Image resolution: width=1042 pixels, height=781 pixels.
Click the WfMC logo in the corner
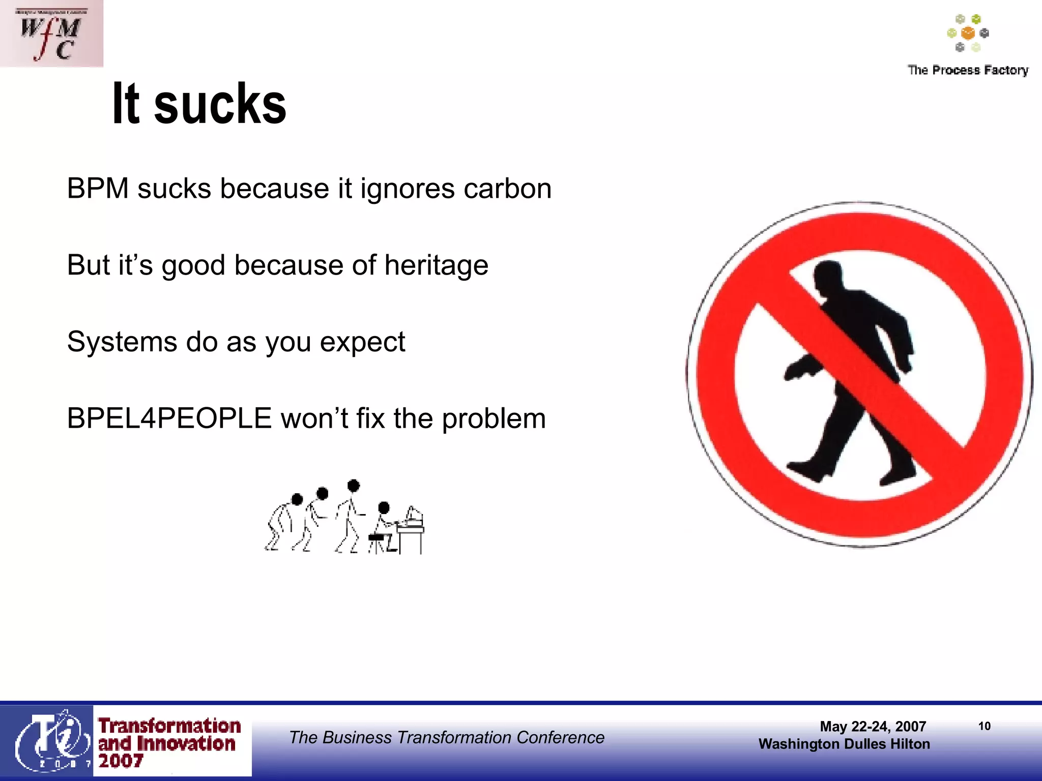(x=51, y=34)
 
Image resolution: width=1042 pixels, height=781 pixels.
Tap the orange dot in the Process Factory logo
(x=968, y=34)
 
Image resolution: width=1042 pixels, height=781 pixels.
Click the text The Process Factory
(x=968, y=70)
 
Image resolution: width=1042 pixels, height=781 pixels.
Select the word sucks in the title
(x=220, y=104)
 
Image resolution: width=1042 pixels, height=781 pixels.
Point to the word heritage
(x=436, y=265)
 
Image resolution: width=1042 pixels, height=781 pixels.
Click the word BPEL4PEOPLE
(x=169, y=418)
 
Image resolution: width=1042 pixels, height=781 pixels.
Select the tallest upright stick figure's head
(x=353, y=486)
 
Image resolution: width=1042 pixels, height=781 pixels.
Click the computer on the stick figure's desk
(x=414, y=516)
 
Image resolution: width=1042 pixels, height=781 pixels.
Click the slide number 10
(x=984, y=726)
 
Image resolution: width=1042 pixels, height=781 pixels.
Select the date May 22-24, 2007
(x=873, y=726)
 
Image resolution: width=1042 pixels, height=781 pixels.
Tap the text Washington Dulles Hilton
(x=844, y=744)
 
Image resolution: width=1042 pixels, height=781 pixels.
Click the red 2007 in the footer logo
(x=121, y=761)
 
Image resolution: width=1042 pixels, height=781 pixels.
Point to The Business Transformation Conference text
(x=446, y=737)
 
